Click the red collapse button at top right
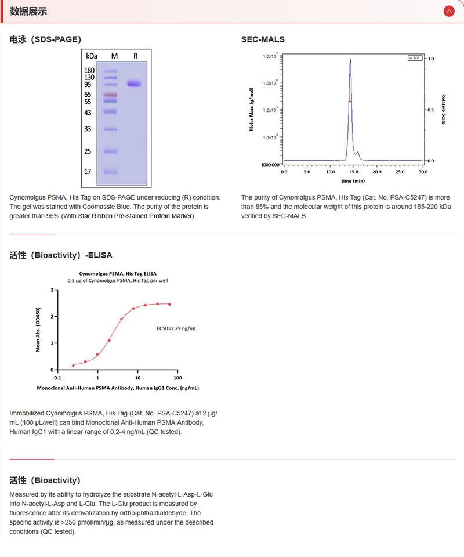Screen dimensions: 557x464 coord(448,11)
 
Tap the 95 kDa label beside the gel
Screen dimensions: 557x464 coord(88,85)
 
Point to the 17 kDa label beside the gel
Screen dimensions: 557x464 coord(88,172)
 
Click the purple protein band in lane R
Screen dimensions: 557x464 coord(135,84)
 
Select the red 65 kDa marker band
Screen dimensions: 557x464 coord(110,95)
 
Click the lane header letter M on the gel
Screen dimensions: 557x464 coord(114,56)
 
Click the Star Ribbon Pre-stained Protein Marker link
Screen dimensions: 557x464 coord(136,216)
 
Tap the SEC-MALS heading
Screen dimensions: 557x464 coord(263,39)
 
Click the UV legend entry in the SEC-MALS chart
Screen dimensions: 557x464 coord(415,58)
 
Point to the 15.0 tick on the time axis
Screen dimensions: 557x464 coord(353,172)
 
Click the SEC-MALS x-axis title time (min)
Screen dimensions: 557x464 coord(353,181)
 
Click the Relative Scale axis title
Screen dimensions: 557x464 coord(444,109)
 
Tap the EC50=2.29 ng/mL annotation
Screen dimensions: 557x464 coord(177,328)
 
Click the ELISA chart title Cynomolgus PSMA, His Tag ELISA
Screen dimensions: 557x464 coord(118,273)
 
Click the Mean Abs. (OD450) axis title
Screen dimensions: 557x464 coord(38,330)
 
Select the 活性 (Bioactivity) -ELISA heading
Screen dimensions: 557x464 coord(61,255)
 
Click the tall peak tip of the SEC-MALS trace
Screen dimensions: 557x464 coord(350,59)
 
